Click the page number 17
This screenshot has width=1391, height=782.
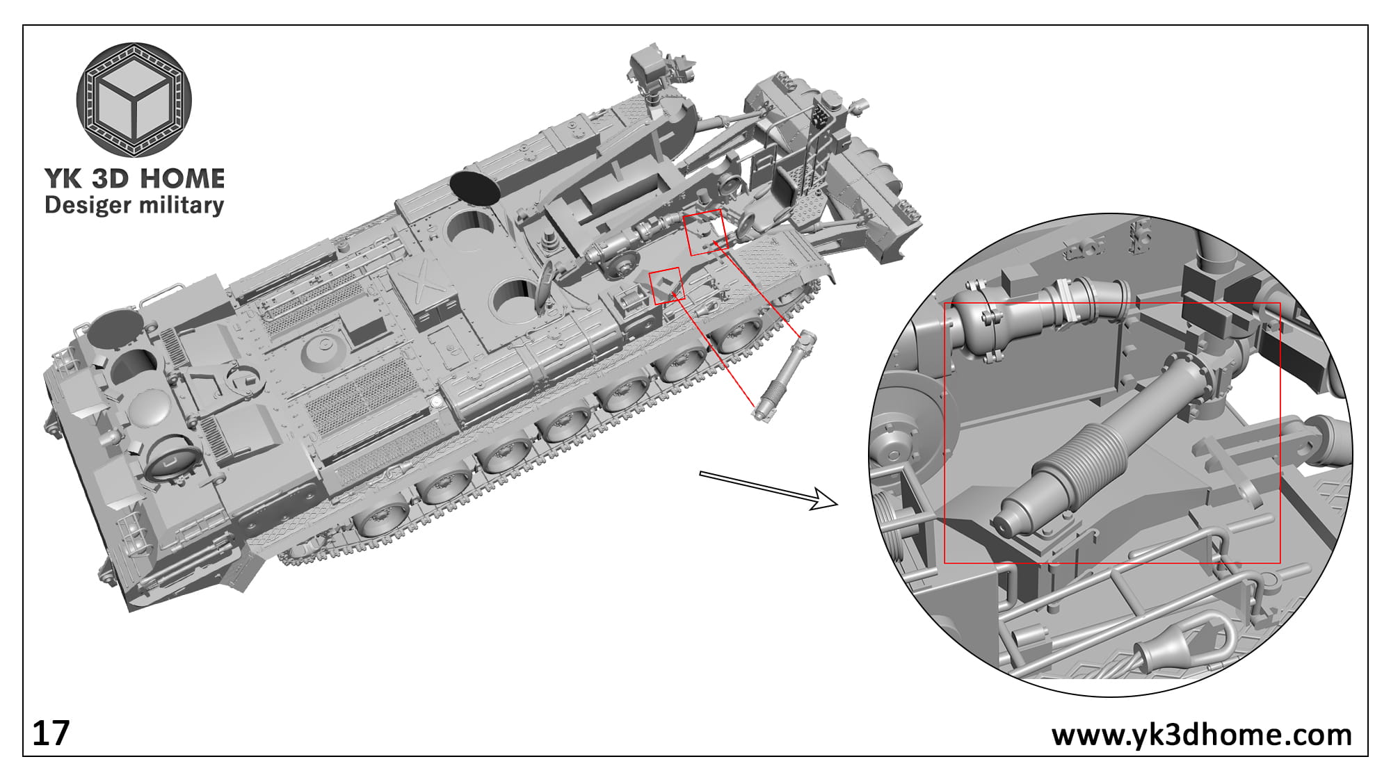pos(51,734)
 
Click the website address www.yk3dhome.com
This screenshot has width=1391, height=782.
pos(1201,735)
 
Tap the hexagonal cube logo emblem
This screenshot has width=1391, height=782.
pos(134,99)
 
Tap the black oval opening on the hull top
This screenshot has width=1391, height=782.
pos(476,186)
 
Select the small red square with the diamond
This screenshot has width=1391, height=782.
pos(666,286)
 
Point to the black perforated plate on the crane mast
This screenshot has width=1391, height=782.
pos(821,115)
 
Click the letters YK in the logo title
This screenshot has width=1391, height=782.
pos(64,179)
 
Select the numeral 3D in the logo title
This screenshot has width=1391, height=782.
pos(110,179)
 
